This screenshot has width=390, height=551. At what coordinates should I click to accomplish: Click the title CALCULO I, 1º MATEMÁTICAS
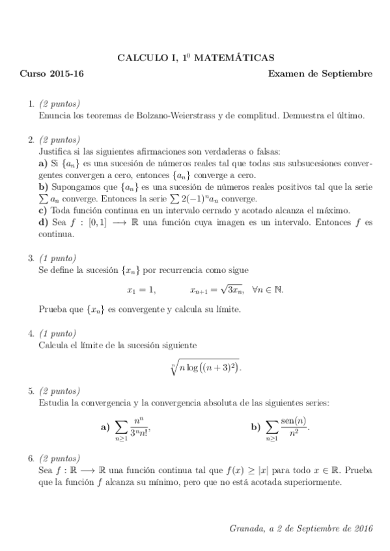pos(195,57)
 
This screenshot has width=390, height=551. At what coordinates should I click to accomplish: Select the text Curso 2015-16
pos(51,73)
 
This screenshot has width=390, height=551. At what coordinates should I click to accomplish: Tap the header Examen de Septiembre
pos(320,73)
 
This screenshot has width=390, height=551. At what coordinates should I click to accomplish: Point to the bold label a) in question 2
pos(44,164)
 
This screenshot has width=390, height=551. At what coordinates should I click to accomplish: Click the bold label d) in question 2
pos(44,223)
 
